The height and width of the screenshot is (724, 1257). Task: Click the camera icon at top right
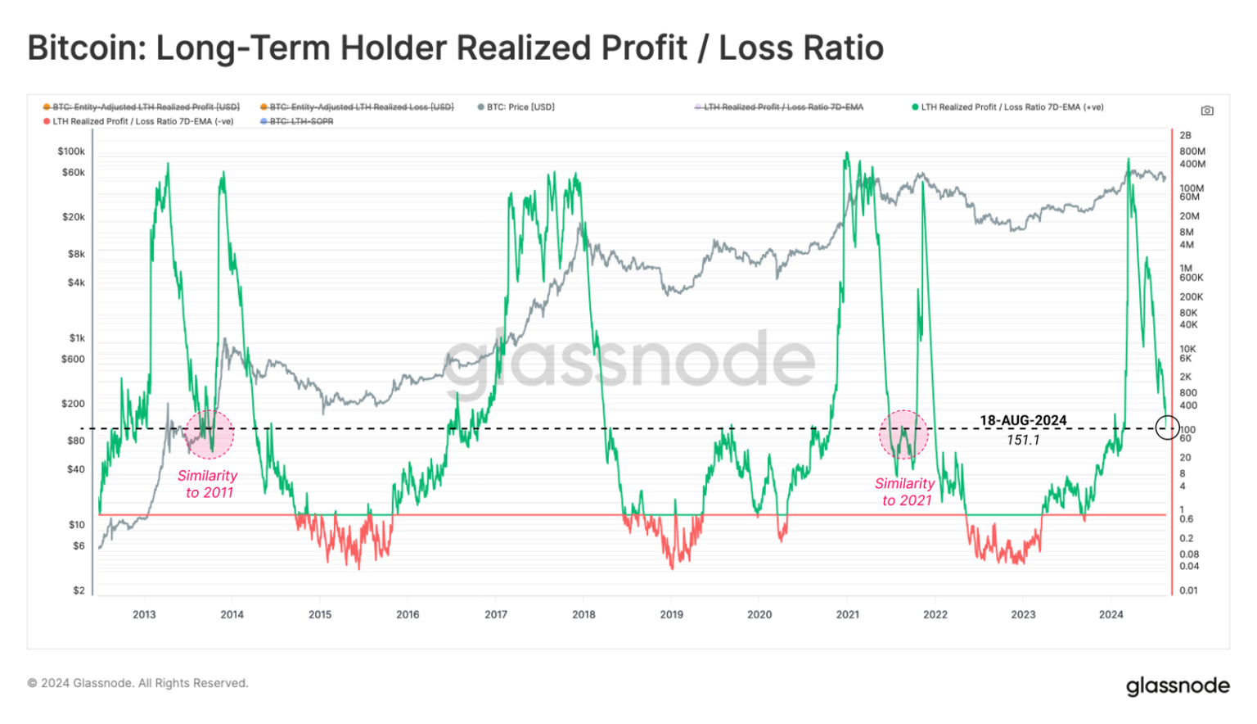pyautogui.click(x=1207, y=111)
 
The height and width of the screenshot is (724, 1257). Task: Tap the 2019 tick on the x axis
pyautogui.click(x=671, y=614)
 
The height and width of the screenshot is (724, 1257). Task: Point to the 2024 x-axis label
pyautogui.click(x=1111, y=614)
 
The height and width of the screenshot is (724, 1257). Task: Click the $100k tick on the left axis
pyautogui.click(x=71, y=152)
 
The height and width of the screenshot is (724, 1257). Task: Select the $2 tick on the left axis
pyautogui.click(x=79, y=591)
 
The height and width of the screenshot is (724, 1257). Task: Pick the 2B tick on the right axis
pyautogui.click(x=1186, y=136)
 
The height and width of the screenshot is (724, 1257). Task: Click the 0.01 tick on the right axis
pyautogui.click(x=1188, y=591)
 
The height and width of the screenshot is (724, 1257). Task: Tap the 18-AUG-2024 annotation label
pyautogui.click(x=1023, y=421)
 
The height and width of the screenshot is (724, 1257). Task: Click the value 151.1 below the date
pyautogui.click(x=1023, y=441)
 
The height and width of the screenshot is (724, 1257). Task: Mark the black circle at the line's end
pyautogui.click(x=1167, y=427)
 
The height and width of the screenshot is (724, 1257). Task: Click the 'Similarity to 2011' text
pyautogui.click(x=208, y=484)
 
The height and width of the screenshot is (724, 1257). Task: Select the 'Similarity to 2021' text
pyautogui.click(x=905, y=492)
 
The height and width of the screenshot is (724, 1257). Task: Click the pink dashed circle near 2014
pyautogui.click(x=209, y=434)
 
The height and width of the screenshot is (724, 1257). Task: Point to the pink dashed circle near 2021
pyautogui.click(x=903, y=434)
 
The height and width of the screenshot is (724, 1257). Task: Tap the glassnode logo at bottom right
pyautogui.click(x=1178, y=686)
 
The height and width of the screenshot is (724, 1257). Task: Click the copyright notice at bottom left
pyautogui.click(x=137, y=683)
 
